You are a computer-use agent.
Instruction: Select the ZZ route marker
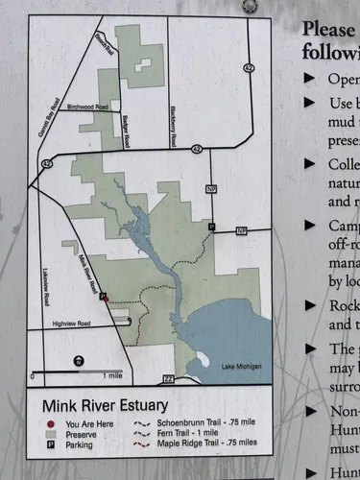[x=169, y=379]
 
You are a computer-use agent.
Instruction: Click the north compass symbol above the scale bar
[x=79, y=361]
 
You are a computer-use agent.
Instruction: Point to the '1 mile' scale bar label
[x=111, y=374]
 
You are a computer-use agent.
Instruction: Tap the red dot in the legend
[x=46, y=422]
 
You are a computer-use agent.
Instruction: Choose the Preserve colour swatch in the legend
[x=46, y=433]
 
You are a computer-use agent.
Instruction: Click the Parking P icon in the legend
[x=46, y=444]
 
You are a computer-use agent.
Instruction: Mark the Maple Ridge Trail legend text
[x=196, y=444]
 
